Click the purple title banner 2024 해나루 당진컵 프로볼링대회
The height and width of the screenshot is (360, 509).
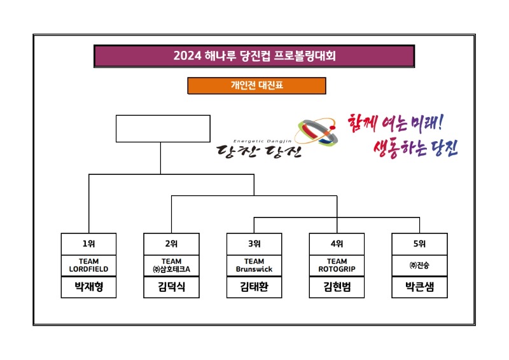[254, 55]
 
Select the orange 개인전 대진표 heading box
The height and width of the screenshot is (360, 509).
[256, 85]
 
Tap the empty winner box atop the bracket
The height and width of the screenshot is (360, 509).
[163, 128]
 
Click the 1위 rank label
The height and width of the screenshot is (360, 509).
[89, 244]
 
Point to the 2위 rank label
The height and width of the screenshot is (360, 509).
[172, 244]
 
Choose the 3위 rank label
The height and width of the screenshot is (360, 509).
[254, 244]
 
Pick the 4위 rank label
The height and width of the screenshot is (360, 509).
[337, 244]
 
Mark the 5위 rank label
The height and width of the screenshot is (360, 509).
[420, 244]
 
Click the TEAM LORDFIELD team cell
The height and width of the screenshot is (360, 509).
[89, 265]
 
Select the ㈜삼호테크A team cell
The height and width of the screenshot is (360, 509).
[172, 265]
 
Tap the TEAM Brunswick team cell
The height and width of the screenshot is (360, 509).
[254, 265]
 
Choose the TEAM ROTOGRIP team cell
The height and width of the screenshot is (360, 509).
[337, 265]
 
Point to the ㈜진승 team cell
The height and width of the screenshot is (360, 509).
[420, 265]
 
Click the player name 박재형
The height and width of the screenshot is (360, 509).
[89, 287]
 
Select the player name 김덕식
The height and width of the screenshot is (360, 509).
[172, 287]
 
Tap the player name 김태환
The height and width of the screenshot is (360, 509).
[254, 287]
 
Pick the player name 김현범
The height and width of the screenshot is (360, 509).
[337, 287]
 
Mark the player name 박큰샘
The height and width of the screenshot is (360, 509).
[420, 287]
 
